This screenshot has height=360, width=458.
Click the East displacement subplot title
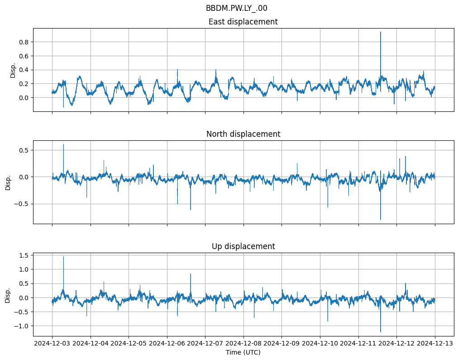[x=243, y=22]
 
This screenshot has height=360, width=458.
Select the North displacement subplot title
[x=243, y=134]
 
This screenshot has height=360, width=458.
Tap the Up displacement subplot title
[x=243, y=246]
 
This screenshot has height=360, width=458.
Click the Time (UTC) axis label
[x=243, y=352]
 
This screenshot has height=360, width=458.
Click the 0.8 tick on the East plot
[x=23, y=42]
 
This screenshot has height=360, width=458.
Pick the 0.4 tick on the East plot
[x=23, y=70]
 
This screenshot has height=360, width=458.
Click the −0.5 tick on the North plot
[x=20, y=204]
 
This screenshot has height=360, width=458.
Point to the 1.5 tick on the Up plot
[x=23, y=255]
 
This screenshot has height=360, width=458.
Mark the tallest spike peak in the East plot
[x=381, y=32]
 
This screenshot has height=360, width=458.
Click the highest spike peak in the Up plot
[x=63, y=257]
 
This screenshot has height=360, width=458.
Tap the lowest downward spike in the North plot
[x=381, y=220]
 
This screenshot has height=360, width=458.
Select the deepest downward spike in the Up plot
[x=381, y=332]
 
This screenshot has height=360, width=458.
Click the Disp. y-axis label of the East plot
[x=13, y=70]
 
